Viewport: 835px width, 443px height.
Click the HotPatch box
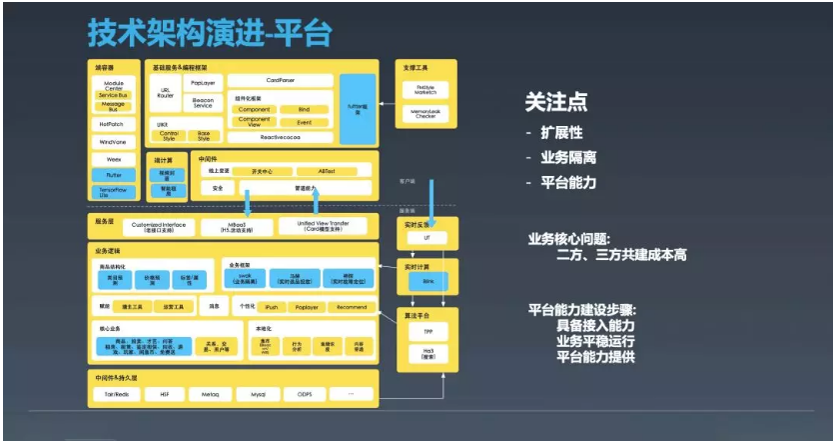click(x=113, y=125)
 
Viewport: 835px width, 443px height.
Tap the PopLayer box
click(x=203, y=82)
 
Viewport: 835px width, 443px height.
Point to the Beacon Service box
click(x=203, y=103)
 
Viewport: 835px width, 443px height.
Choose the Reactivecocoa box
click(x=280, y=137)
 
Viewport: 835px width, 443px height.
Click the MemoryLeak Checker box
click(x=425, y=114)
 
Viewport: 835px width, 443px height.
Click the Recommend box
click(x=352, y=307)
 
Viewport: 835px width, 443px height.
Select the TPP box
click(x=427, y=331)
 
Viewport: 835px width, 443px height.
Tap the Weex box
click(x=113, y=158)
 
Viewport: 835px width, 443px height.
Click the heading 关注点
click(x=555, y=101)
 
